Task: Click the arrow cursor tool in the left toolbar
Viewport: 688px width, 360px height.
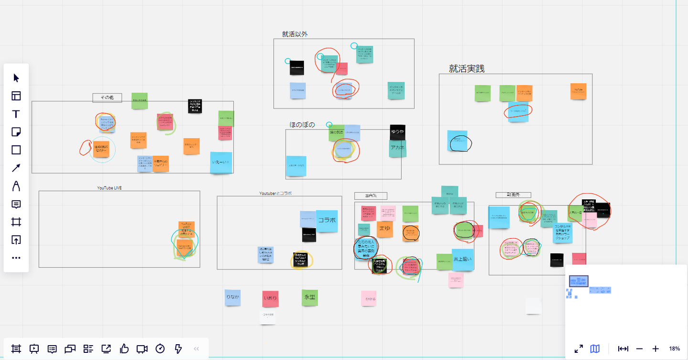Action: coord(16,78)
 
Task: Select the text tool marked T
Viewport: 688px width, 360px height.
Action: coord(16,114)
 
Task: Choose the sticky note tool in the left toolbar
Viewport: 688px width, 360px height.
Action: coord(16,132)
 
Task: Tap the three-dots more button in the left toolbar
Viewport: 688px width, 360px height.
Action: coord(16,258)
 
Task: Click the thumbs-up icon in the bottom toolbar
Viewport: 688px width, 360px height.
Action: coord(124,349)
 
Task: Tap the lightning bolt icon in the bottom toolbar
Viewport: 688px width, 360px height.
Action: coord(178,349)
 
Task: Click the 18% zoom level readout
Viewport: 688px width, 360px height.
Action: coord(674,349)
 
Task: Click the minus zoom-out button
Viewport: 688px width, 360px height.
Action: coord(639,349)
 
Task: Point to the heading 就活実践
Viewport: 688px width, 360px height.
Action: coord(467,69)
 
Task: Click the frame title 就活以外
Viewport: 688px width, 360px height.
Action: coord(295,34)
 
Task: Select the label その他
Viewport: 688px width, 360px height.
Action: coord(107,98)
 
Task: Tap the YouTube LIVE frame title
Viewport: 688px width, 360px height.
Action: coord(109,188)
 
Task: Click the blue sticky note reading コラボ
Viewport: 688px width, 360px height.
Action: coord(327,220)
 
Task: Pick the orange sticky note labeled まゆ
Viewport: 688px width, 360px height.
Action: coord(385,229)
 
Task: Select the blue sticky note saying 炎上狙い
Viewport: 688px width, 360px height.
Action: coord(462,259)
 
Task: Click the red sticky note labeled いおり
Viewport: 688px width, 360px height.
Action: coord(270,298)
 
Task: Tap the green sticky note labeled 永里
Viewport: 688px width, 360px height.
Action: coord(310,297)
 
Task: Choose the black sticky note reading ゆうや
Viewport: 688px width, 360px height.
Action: coord(398,131)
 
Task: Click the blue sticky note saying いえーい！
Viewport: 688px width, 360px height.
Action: coord(221,163)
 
